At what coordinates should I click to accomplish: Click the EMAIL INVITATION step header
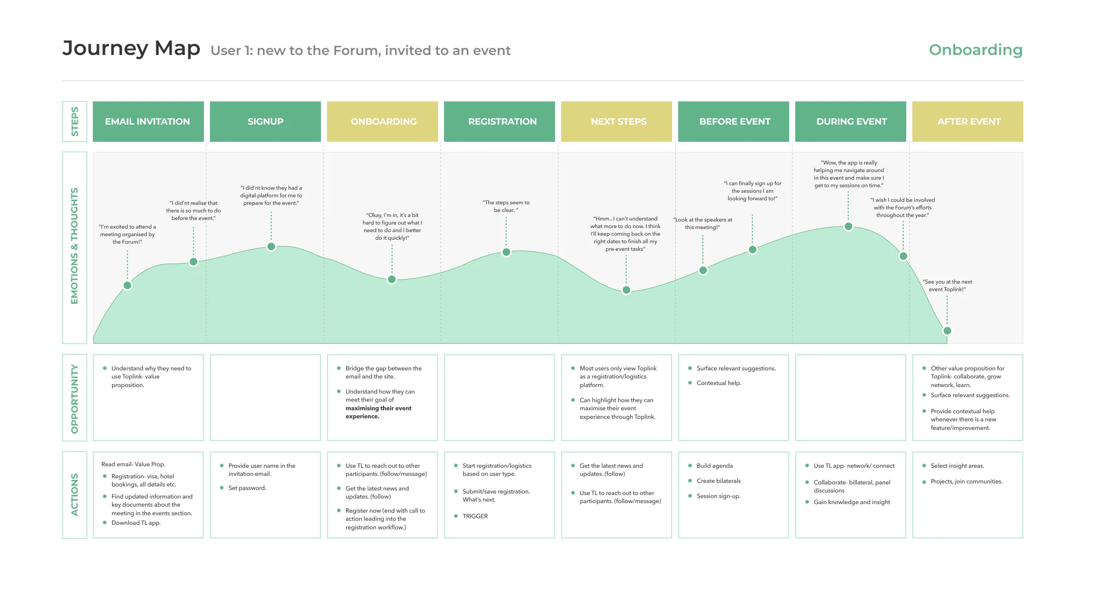(x=148, y=122)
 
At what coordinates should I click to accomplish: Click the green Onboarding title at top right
(x=975, y=50)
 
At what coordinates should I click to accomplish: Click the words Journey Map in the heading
(x=131, y=48)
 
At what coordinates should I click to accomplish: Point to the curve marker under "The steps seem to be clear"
(x=506, y=252)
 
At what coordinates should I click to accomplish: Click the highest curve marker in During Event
(x=848, y=227)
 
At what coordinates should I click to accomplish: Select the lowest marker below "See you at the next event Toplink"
(x=947, y=331)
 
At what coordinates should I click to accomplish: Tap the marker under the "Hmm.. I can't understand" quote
(x=626, y=290)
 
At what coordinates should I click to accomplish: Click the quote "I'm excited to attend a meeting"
(x=127, y=234)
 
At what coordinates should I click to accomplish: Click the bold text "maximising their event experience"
(x=378, y=412)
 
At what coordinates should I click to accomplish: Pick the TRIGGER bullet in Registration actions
(x=475, y=516)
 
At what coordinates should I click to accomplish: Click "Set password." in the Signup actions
(x=247, y=488)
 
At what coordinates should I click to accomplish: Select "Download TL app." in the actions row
(x=136, y=523)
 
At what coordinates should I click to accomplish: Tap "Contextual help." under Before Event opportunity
(x=719, y=383)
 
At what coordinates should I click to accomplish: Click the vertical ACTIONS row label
(x=75, y=495)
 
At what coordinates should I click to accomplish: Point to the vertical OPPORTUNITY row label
(x=75, y=398)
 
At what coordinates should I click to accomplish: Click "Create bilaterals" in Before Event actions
(x=719, y=481)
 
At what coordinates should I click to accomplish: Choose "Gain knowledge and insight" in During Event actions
(x=852, y=502)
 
